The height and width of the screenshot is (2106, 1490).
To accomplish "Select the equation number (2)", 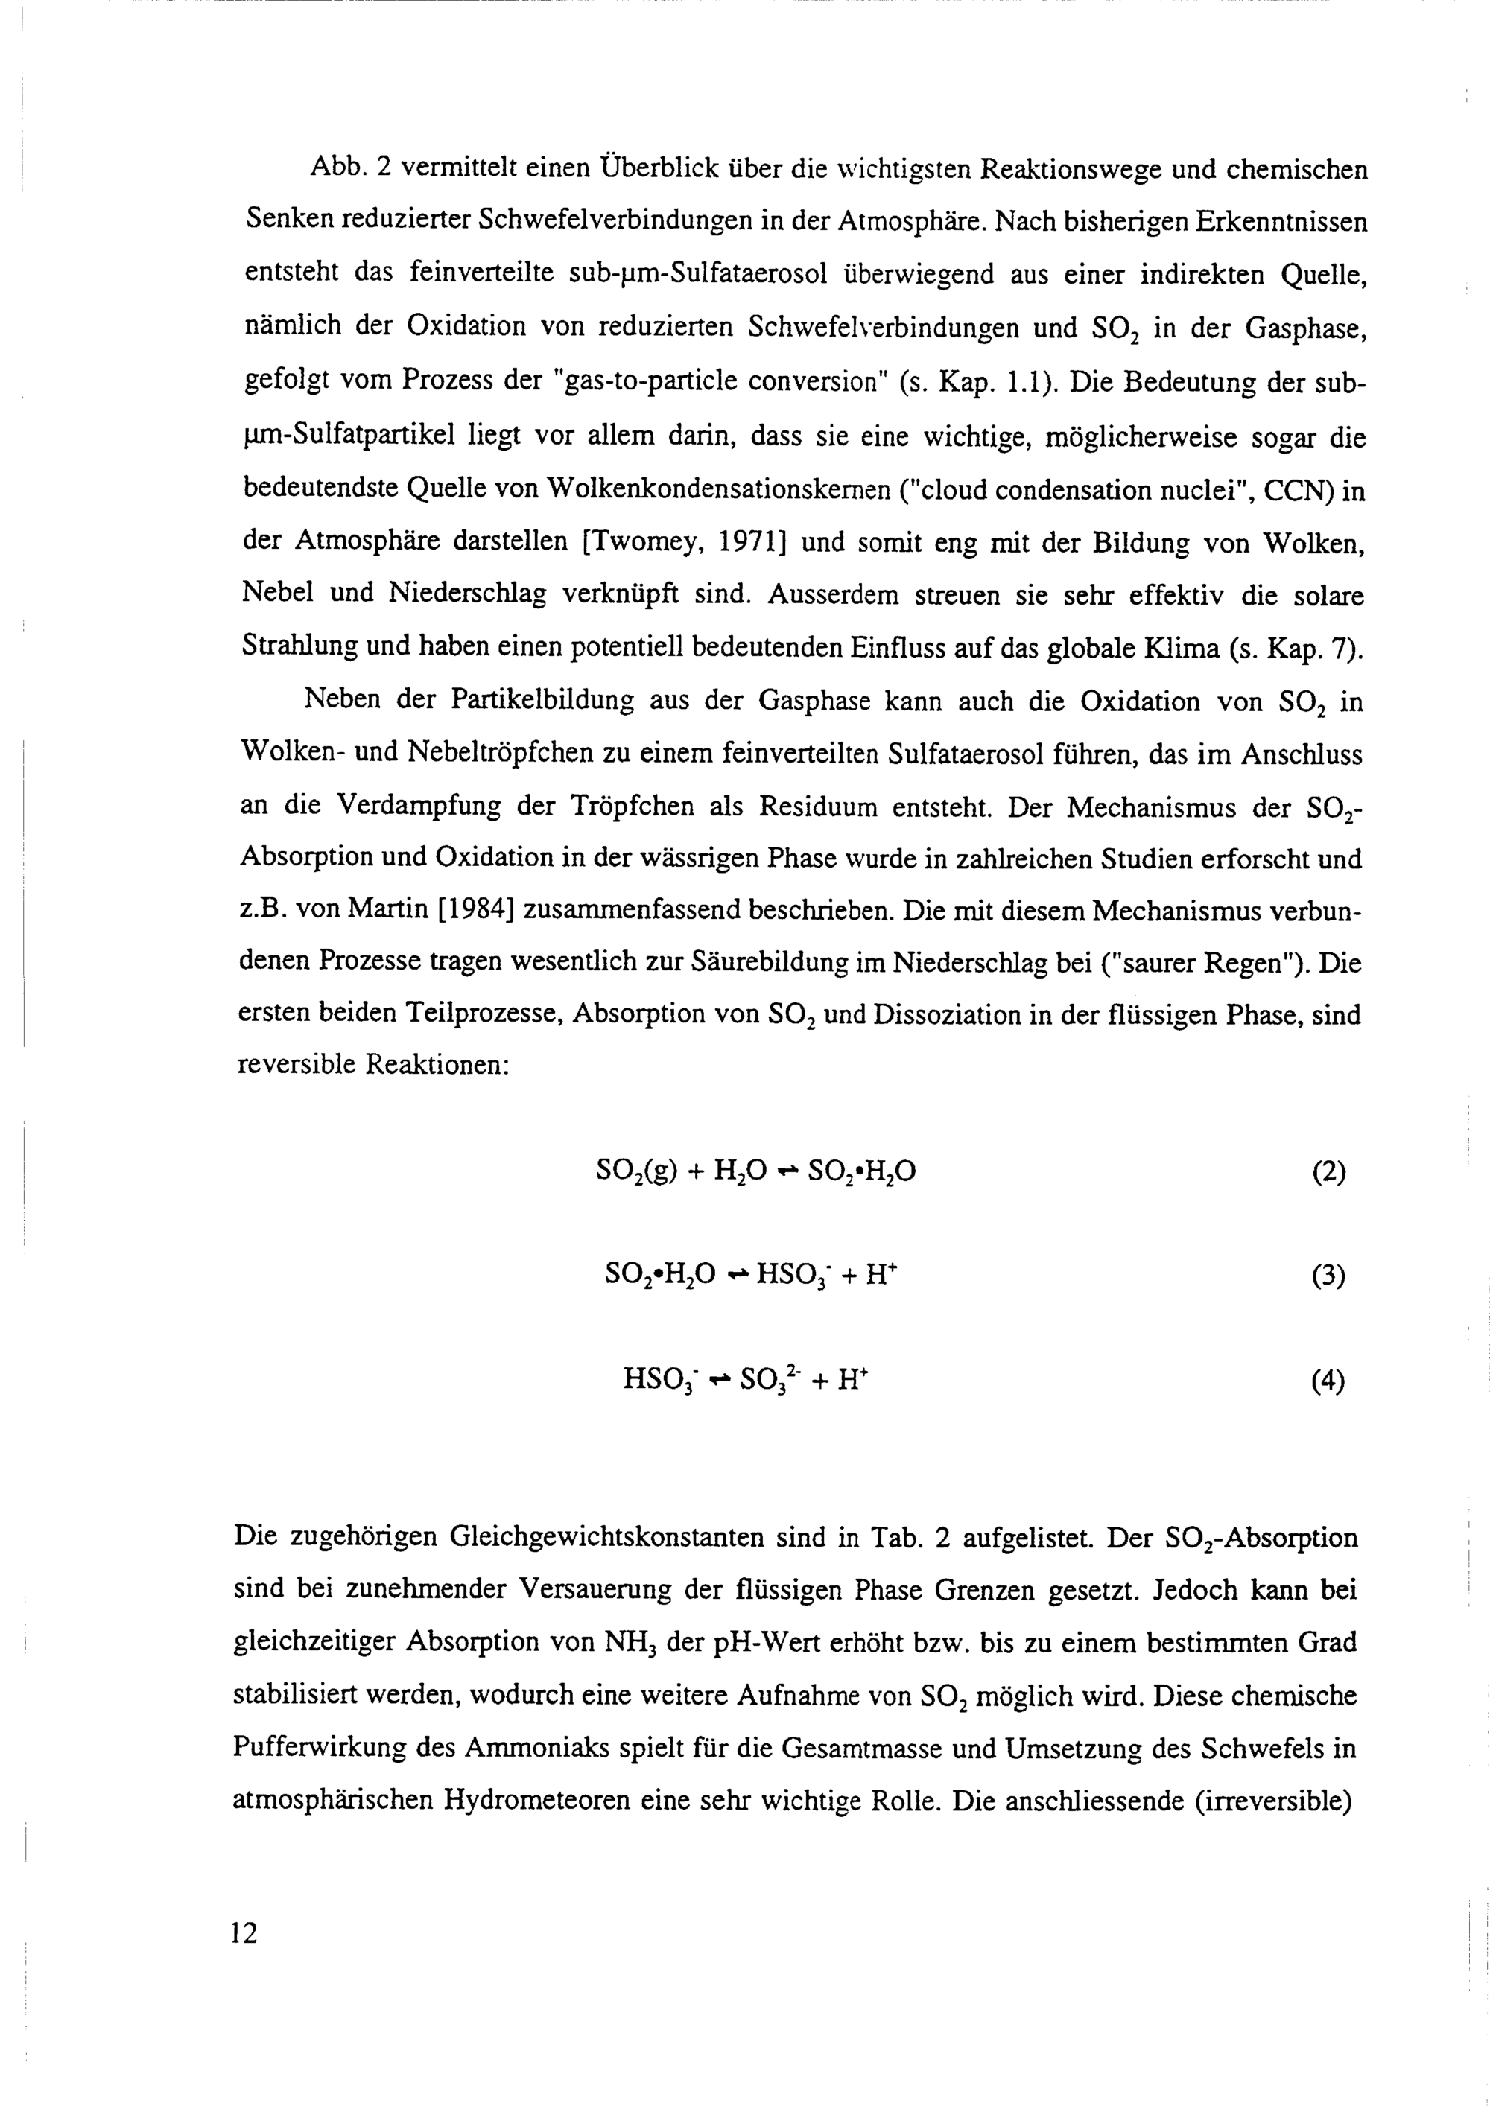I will [x=1328, y=1172].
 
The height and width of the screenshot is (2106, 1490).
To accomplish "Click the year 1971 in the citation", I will [x=748, y=543].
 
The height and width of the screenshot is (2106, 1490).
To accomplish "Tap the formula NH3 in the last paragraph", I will [x=629, y=1643].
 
